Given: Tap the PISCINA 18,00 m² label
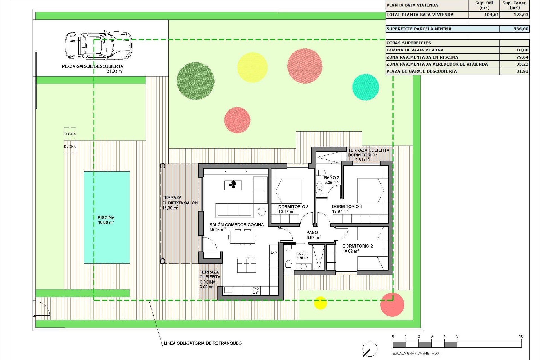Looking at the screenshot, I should (106, 220).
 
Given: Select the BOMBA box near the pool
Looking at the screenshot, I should (70, 134).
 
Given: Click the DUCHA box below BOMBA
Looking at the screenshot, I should (70, 147).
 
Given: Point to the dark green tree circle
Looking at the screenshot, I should (195, 81).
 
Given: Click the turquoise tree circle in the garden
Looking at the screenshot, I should (366, 87).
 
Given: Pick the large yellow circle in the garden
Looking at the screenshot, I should (252, 67).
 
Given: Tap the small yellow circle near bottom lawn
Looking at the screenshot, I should (320, 303).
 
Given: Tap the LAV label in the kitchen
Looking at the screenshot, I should (274, 253).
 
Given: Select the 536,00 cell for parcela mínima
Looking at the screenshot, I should (514, 29).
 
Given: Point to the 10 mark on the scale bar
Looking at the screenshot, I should (521, 336).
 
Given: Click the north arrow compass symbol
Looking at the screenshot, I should (370, 349).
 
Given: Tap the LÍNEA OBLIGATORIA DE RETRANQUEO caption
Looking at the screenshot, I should (202, 343).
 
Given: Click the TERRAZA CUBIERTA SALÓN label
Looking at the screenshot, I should (180, 202).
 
